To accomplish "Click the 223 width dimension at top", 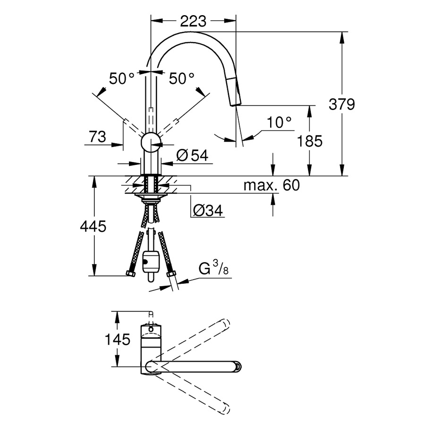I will (193, 21).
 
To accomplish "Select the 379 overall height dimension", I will (341, 104).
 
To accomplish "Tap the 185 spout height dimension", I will (310, 141).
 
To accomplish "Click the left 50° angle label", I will (122, 78).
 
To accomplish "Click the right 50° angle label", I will (182, 78).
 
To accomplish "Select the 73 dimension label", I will (97, 137).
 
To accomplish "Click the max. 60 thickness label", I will (271, 185).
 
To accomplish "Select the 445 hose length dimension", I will (93, 227).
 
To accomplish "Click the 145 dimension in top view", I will (118, 339).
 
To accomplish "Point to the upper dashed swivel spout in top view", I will (198, 339).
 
